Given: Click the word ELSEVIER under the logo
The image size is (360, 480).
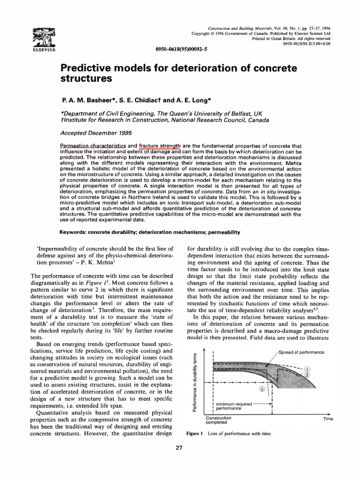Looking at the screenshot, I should pyautogui.click(x=43, y=49).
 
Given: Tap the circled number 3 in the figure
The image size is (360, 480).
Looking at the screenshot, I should pyautogui.click(x=262, y=390).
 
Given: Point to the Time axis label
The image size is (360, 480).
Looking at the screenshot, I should pyautogui.click(x=328, y=419).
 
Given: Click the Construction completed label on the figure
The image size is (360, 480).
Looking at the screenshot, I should pyautogui.click(x=218, y=420).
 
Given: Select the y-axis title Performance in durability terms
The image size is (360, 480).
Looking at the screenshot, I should pyautogui.click(x=194, y=383).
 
